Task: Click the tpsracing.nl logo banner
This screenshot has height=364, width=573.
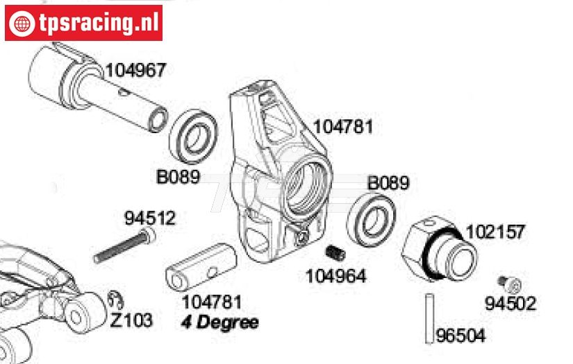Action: click(83, 23)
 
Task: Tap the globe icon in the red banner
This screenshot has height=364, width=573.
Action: click(22, 24)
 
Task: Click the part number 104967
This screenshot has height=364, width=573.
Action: click(136, 70)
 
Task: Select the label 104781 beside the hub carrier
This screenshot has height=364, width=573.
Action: click(343, 127)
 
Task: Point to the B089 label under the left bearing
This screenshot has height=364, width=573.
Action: click(178, 177)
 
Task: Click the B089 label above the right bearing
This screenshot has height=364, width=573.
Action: click(388, 183)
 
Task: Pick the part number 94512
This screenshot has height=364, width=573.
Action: click(150, 218)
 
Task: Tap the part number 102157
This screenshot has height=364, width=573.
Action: click(495, 232)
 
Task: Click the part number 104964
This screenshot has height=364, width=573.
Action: click(336, 276)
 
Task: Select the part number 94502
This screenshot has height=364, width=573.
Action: click(510, 303)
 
